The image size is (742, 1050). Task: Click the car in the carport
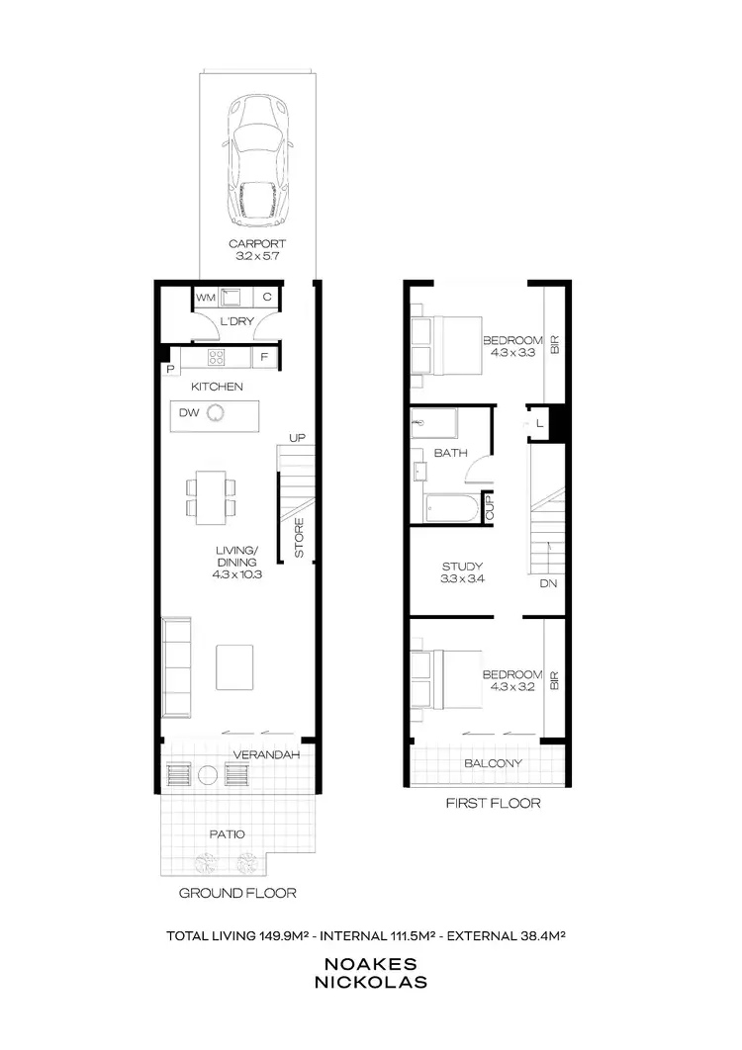coord(258,162)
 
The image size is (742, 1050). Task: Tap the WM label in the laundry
coord(205,297)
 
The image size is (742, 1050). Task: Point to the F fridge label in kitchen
coord(264,356)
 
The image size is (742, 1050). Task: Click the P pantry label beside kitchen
coord(171,369)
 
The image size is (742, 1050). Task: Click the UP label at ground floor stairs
coord(295,437)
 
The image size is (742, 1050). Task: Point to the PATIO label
coord(228,833)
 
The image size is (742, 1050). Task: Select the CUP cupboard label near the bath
coord(487,508)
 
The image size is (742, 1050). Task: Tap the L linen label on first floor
coord(538,423)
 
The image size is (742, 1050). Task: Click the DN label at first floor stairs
coord(548,583)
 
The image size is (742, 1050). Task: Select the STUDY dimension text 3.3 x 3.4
coord(462,580)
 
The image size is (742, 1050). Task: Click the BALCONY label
coord(493,763)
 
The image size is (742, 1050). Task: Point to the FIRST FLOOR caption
coord(493,803)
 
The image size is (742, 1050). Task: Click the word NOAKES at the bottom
coord(370,963)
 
